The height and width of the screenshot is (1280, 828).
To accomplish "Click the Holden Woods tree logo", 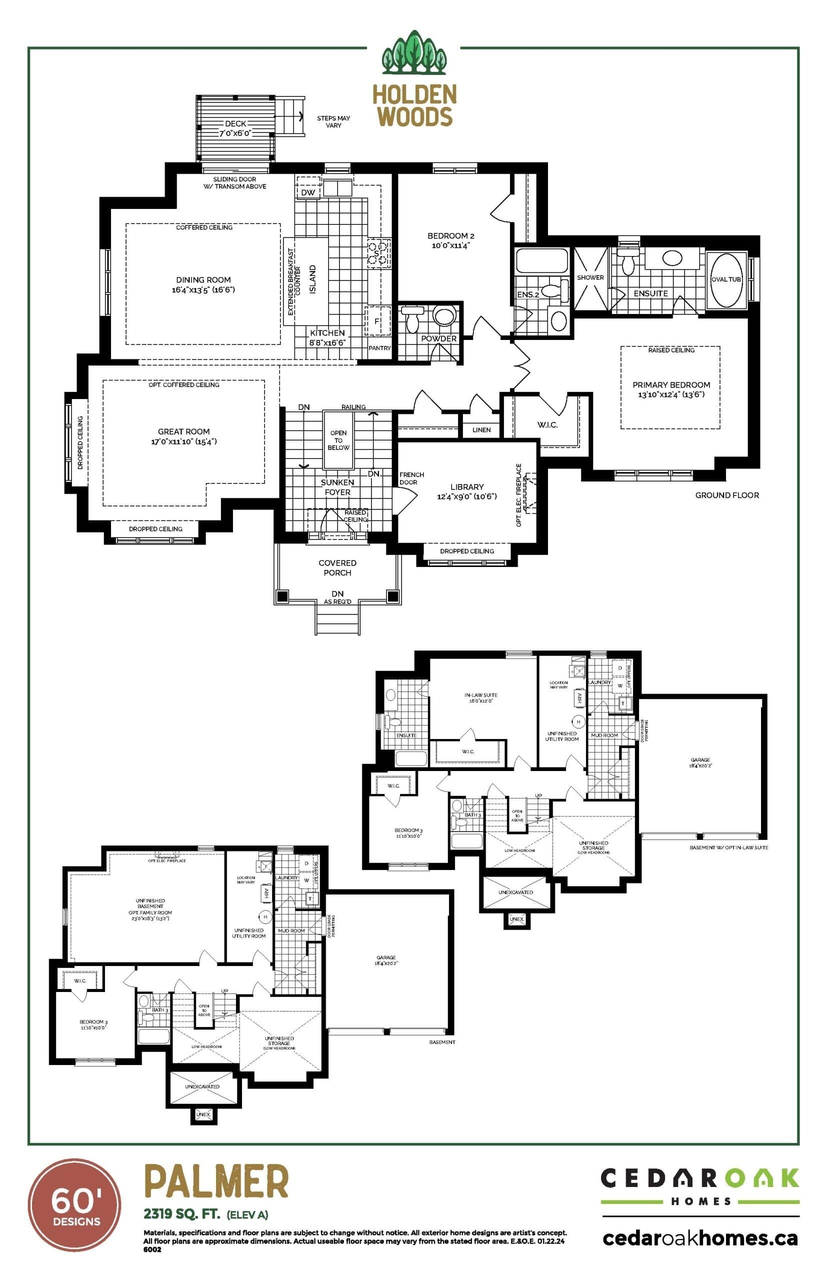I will click(413, 53).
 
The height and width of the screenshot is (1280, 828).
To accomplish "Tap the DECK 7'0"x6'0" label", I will click(235, 128).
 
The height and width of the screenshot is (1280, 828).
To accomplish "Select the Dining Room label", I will click(203, 284).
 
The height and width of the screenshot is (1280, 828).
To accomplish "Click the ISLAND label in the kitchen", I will click(312, 278).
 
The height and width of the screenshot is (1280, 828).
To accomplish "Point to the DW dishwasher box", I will click(308, 192).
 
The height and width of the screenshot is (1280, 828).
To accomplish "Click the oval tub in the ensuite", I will click(726, 279).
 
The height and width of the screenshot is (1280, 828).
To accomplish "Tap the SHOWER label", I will click(590, 277).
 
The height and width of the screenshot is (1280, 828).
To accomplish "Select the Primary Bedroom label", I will click(671, 389).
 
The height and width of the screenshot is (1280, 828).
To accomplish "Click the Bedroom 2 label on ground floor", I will click(450, 240).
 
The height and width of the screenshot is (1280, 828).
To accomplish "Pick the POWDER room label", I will click(438, 338).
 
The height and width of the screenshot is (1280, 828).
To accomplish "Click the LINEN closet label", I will click(481, 429).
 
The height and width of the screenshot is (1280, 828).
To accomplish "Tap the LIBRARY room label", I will click(466, 491).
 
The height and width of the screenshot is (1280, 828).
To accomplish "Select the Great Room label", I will click(184, 436).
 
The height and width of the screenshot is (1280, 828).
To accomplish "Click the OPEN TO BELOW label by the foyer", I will click(338, 439).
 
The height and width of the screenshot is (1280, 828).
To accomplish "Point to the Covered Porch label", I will click(337, 567).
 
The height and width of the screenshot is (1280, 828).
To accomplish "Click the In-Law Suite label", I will click(480, 697).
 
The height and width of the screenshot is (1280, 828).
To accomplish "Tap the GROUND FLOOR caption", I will click(727, 495).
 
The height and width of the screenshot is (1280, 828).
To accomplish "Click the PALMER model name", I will click(216, 1181).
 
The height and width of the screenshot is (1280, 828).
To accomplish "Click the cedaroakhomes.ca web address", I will click(700, 1238).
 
